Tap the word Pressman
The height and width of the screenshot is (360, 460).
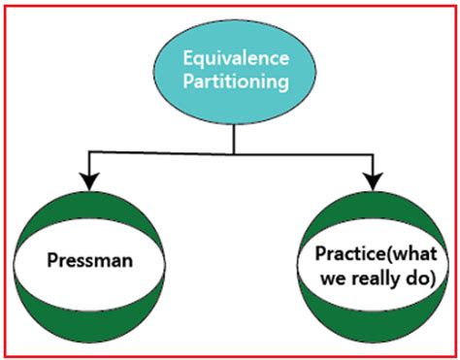(88, 260)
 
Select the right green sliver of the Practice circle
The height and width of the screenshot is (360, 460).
(443, 263)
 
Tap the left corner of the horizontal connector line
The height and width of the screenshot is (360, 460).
(88, 151)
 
